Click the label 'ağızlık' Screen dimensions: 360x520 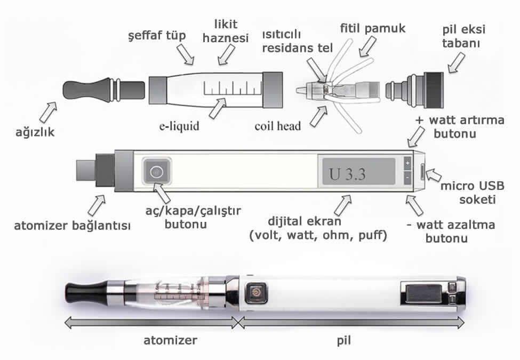coord(36,131)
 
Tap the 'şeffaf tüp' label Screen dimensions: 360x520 coord(156,36)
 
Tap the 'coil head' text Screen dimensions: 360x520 coord(277,126)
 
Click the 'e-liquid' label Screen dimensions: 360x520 coord(179,126)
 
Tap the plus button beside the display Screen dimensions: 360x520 coord(407,163)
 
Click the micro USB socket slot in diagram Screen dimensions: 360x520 coord(423,172)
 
